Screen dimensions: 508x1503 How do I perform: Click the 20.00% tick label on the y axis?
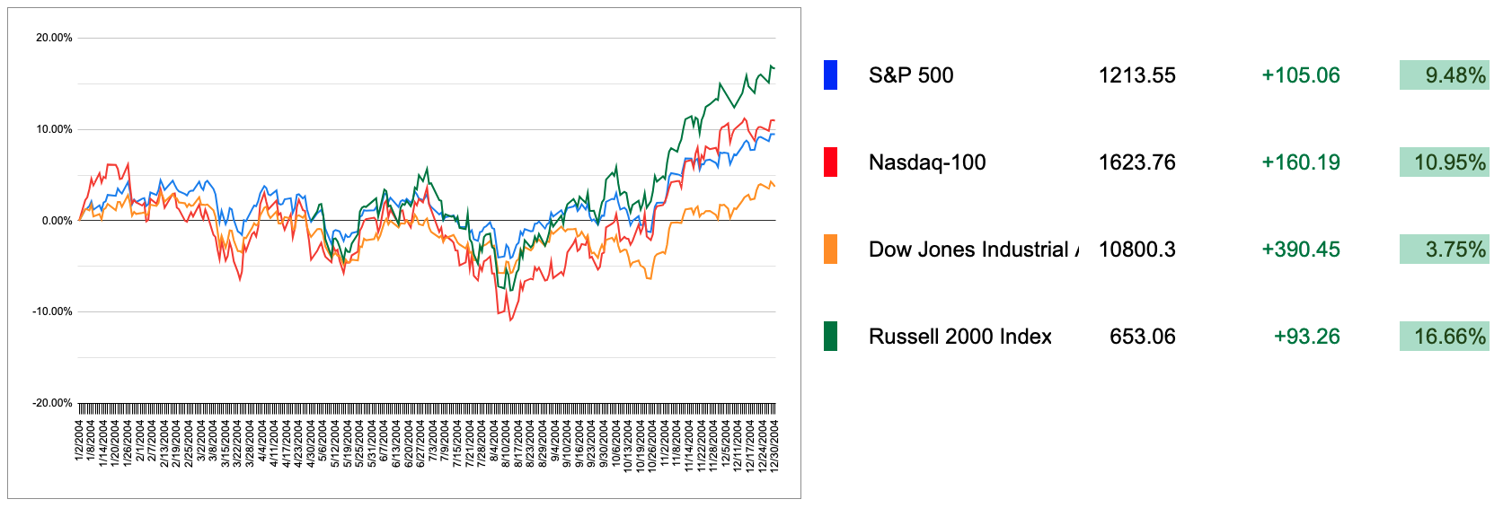coord(54,38)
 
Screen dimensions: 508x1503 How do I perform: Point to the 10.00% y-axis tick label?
coord(54,129)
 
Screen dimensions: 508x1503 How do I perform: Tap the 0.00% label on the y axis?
coord(57,221)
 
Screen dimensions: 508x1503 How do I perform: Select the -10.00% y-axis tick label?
coord(52,311)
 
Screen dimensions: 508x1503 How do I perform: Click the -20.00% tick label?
coord(52,403)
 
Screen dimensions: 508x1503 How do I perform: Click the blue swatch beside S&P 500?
coord(830,75)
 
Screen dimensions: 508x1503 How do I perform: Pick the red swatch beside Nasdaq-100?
coord(830,162)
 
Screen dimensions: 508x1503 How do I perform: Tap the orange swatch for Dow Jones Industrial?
coord(830,250)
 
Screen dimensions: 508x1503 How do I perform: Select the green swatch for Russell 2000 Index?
coord(830,337)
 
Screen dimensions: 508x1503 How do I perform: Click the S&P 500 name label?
coord(911,75)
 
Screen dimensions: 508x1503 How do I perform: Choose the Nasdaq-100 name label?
coord(927,162)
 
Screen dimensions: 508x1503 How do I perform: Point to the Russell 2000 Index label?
coord(959,337)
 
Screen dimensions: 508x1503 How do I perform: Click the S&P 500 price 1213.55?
coord(1136,75)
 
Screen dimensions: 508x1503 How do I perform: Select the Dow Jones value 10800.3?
coord(1136,250)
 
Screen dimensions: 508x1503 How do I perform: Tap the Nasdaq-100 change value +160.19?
coord(1300,162)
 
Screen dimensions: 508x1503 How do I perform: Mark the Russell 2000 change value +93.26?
coord(1306,337)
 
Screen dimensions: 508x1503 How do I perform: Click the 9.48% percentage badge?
coord(1444,75)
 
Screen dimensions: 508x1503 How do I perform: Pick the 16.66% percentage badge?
coord(1444,337)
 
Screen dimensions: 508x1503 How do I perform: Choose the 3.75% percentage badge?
coord(1444,250)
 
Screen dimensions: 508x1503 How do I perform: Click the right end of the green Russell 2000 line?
coord(774,67)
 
